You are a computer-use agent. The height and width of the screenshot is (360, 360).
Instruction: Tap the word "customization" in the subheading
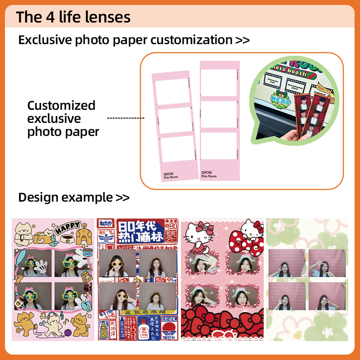point(191,40)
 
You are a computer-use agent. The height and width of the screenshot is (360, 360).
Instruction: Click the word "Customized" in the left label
point(61,105)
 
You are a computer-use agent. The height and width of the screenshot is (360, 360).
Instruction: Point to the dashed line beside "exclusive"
point(126,118)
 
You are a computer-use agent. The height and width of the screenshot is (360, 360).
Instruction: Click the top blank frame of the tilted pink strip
point(171,91)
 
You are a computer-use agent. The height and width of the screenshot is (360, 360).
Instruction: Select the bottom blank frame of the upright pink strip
point(219,145)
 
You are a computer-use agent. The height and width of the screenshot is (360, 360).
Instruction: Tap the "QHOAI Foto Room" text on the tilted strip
point(171,175)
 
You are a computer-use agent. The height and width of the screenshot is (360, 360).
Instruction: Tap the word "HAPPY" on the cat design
point(67,228)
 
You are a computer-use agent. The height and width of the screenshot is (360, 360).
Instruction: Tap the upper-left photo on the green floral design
point(286,263)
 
